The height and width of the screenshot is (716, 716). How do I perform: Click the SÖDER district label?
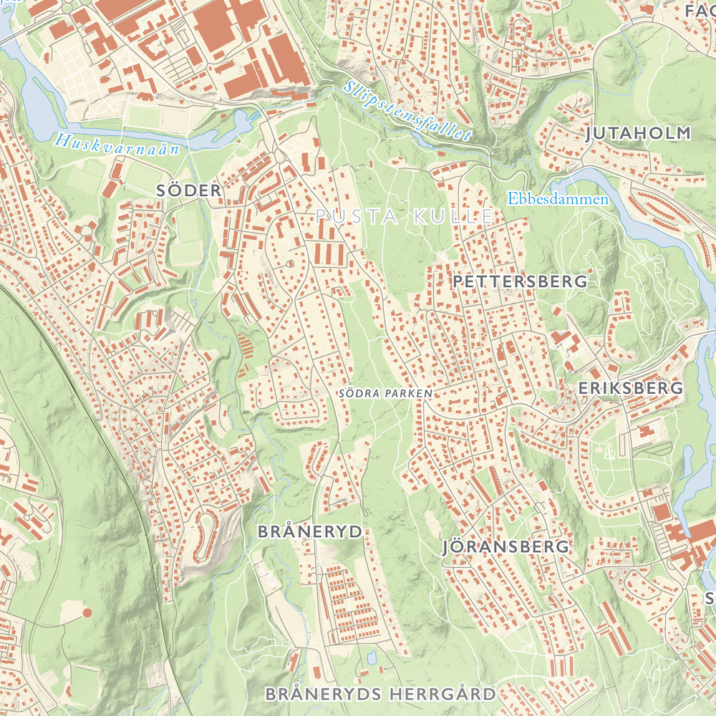(x=189, y=190)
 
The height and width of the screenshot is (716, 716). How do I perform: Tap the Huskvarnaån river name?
(x=120, y=143)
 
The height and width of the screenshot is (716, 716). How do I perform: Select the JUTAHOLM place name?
(x=639, y=133)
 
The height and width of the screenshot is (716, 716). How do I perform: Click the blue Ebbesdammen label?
(x=558, y=199)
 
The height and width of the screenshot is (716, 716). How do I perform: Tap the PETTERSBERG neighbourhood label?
(x=520, y=281)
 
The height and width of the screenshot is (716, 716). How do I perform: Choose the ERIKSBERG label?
(x=630, y=388)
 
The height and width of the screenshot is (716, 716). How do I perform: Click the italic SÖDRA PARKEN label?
(x=386, y=393)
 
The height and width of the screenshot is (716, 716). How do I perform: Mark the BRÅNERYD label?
(x=309, y=532)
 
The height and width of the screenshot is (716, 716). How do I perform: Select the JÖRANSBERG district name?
(x=506, y=547)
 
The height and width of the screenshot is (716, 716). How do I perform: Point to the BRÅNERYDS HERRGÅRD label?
(x=380, y=694)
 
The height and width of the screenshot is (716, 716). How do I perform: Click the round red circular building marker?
(x=87, y=613)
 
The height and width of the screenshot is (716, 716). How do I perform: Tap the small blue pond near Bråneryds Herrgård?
(x=372, y=656)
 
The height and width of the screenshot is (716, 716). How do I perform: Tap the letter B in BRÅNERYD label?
(x=262, y=532)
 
